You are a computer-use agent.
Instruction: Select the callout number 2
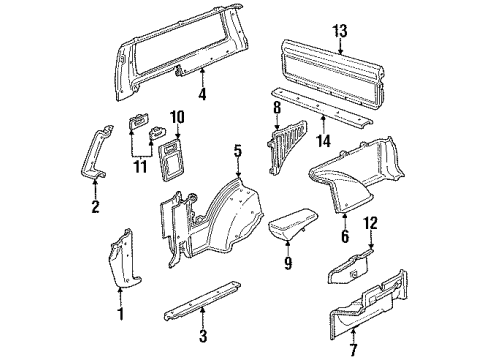95,207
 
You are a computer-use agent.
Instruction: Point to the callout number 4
203,96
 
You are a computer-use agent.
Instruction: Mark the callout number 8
277,105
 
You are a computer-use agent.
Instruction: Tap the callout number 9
287,265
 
